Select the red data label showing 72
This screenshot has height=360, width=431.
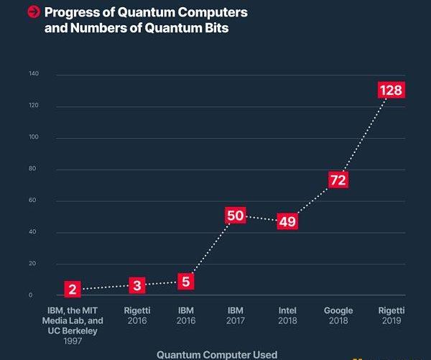tap(338, 180)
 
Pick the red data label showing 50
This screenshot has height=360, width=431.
tap(236, 215)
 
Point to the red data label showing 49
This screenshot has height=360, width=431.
tap(287, 221)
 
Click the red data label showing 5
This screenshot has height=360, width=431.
tap(185, 281)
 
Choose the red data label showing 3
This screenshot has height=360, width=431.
tap(138, 285)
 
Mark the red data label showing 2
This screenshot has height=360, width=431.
tap(72, 290)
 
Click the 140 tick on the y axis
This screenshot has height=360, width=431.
tap(34, 75)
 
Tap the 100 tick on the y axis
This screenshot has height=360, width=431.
tap(34, 137)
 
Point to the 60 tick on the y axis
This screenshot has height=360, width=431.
tap(32, 200)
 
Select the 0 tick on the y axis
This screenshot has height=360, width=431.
tap(31, 295)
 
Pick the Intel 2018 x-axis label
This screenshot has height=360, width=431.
tap(287, 315)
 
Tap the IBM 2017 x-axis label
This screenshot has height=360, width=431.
tap(236, 315)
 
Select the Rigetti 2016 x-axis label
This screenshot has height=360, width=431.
tap(136, 315)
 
